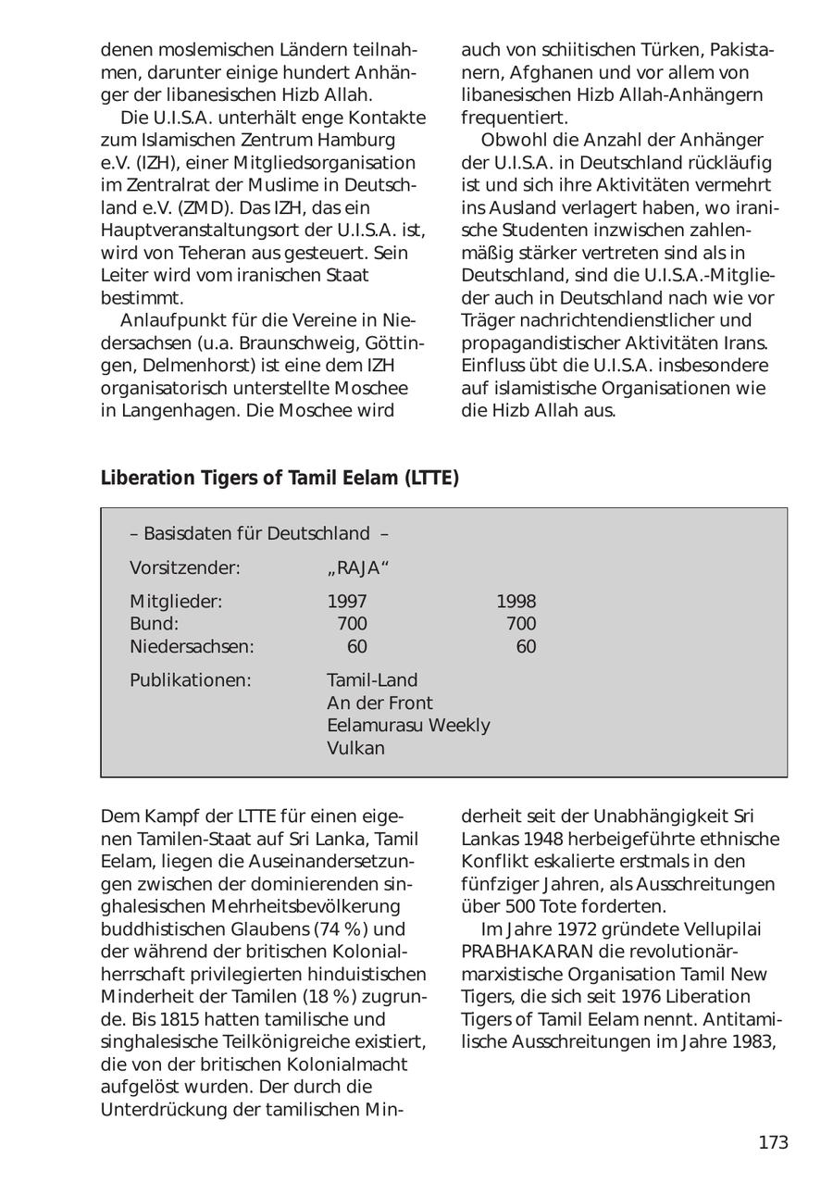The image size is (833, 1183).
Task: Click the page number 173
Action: (x=773, y=1142)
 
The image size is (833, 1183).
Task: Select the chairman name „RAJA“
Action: (x=352, y=567)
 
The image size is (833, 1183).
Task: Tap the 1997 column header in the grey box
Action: (x=347, y=602)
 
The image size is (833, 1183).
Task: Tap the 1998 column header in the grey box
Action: (x=516, y=602)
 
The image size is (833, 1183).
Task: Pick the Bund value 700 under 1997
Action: (x=352, y=624)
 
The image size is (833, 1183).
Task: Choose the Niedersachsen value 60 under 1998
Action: (x=526, y=647)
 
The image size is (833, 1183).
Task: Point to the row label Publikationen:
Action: (x=190, y=680)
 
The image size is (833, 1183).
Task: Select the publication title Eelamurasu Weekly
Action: (x=408, y=726)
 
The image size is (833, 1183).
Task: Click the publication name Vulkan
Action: (x=355, y=748)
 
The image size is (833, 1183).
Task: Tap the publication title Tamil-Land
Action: (x=372, y=680)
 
